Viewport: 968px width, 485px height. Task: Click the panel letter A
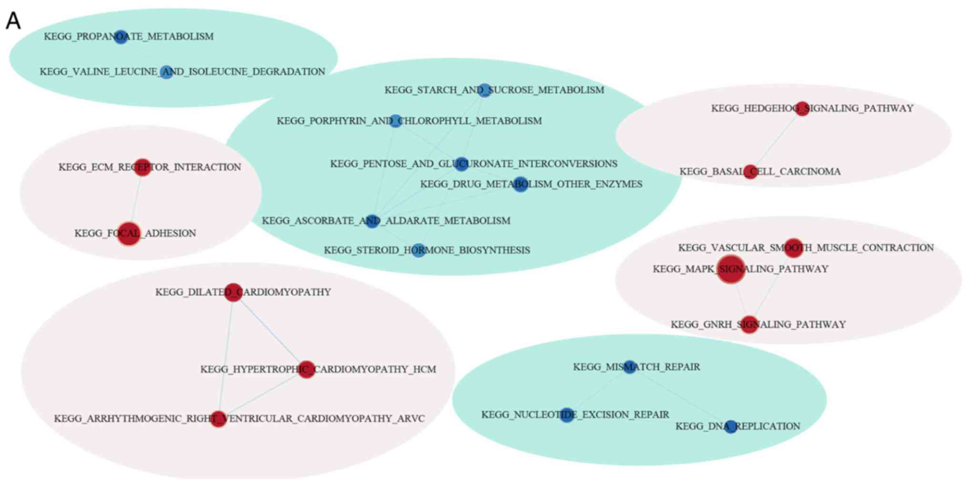coord(13,21)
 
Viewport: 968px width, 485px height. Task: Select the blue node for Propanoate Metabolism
coord(121,37)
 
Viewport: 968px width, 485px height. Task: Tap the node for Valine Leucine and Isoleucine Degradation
coord(166,72)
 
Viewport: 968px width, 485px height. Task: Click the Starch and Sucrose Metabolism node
coord(484,90)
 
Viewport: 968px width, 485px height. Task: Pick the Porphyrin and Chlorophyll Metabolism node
coord(395,121)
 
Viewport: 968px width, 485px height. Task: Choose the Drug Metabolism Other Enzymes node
coord(520,184)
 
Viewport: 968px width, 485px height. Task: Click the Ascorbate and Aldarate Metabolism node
coord(372,221)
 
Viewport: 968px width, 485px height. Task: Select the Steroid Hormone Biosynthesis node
coord(418,250)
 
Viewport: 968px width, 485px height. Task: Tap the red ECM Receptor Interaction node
coord(142,167)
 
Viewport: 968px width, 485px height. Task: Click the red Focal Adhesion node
coord(129,233)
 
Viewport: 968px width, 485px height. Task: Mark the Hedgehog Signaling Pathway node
coord(802,109)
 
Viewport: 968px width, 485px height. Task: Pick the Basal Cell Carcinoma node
coord(750,172)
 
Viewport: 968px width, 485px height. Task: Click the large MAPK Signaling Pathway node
coord(731,269)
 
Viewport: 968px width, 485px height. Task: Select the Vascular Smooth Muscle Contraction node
coord(794,248)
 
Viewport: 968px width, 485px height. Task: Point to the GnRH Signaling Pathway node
coord(749,324)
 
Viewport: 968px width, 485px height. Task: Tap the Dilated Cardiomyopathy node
coord(233,292)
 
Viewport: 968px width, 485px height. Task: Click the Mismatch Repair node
coord(630,367)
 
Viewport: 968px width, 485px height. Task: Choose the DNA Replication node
coord(731,426)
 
